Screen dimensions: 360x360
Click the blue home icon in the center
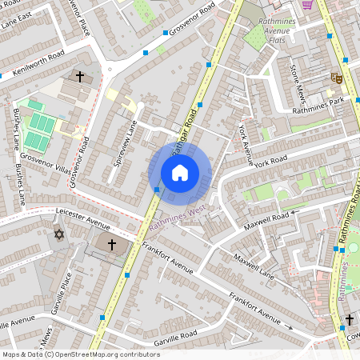180,172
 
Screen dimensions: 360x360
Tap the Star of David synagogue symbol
58,234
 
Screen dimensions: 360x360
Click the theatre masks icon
337,78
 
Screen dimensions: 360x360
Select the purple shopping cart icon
307,4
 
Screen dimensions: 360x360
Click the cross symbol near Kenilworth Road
79,77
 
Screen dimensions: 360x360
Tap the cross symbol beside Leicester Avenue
112,242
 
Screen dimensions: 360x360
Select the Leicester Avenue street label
83,218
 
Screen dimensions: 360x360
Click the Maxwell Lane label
254,268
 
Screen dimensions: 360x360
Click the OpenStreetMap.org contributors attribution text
104,354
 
